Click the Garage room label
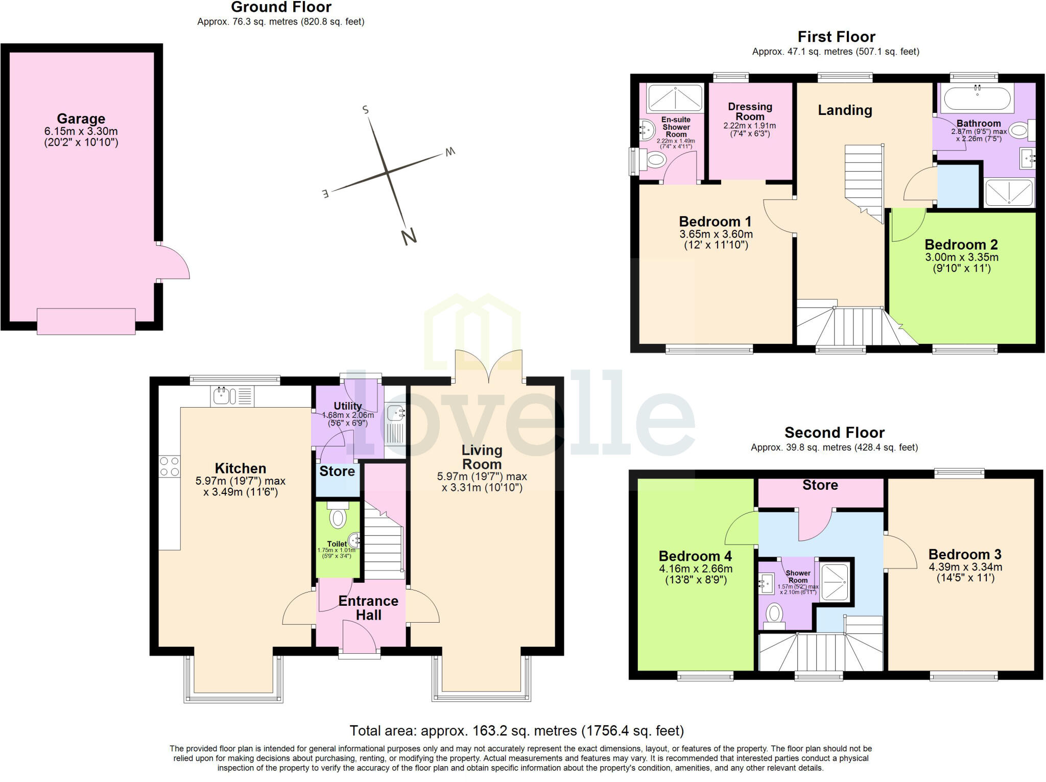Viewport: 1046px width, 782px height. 81,119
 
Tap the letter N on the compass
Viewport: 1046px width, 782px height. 409,236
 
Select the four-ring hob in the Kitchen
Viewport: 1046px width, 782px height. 170,466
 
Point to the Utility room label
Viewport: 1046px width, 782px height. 348,406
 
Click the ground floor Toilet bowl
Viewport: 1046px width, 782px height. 338,517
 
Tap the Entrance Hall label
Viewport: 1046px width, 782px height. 368,608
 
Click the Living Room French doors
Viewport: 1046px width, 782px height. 489,366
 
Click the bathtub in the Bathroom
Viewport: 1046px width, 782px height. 977,98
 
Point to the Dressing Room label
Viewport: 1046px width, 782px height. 750,111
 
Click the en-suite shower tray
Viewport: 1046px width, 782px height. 675,98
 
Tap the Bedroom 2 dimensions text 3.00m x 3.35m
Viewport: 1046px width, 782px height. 962,257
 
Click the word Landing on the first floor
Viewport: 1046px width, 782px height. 845,110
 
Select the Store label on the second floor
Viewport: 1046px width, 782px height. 820,485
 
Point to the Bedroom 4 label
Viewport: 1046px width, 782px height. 695,556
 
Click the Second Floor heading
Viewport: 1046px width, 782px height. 834,433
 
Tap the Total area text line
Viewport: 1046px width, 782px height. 516,730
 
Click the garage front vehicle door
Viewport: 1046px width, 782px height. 86,321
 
